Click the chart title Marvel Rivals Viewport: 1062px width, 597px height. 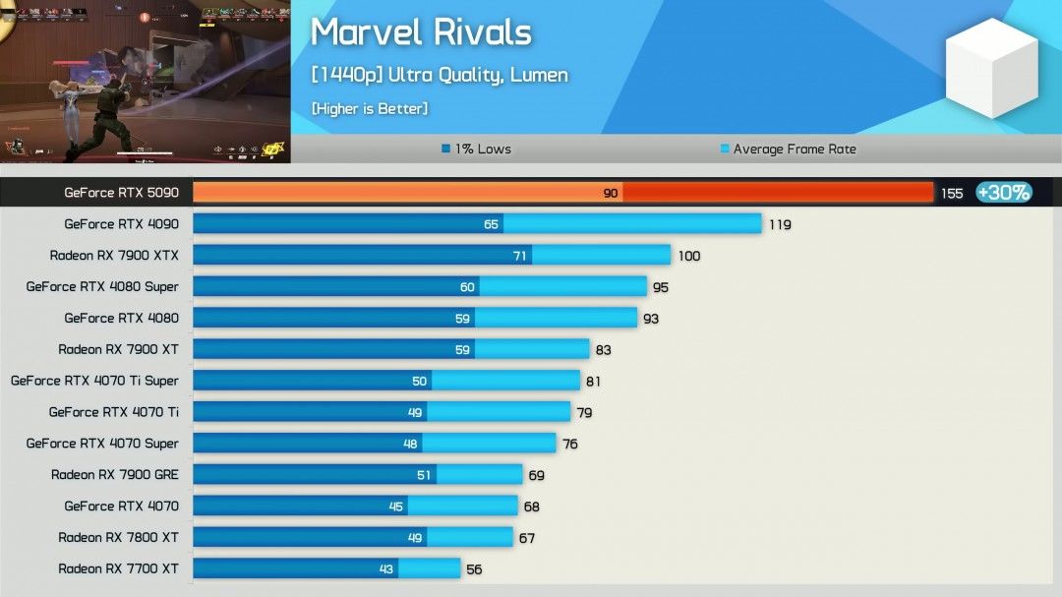point(421,32)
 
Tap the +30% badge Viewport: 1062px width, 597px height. point(1003,193)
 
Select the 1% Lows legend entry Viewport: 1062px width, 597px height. point(477,149)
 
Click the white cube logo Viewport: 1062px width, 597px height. point(991,68)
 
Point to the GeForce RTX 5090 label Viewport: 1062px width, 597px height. point(121,193)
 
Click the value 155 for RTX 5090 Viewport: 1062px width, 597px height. point(951,194)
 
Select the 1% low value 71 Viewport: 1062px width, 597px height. point(520,256)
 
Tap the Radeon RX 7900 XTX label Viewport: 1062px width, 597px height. point(114,256)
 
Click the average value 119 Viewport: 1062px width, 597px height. point(780,225)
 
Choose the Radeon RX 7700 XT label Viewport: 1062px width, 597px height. point(118,568)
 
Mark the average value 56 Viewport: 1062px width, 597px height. point(474,569)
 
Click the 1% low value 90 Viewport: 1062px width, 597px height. point(611,194)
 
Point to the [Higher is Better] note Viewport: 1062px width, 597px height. point(369,108)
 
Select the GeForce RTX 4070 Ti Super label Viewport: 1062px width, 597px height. point(94,381)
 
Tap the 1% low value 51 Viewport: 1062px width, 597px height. point(424,475)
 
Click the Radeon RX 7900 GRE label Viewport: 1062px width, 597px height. point(115,475)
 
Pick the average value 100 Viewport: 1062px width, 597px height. point(688,257)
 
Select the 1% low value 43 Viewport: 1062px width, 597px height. point(386,569)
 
